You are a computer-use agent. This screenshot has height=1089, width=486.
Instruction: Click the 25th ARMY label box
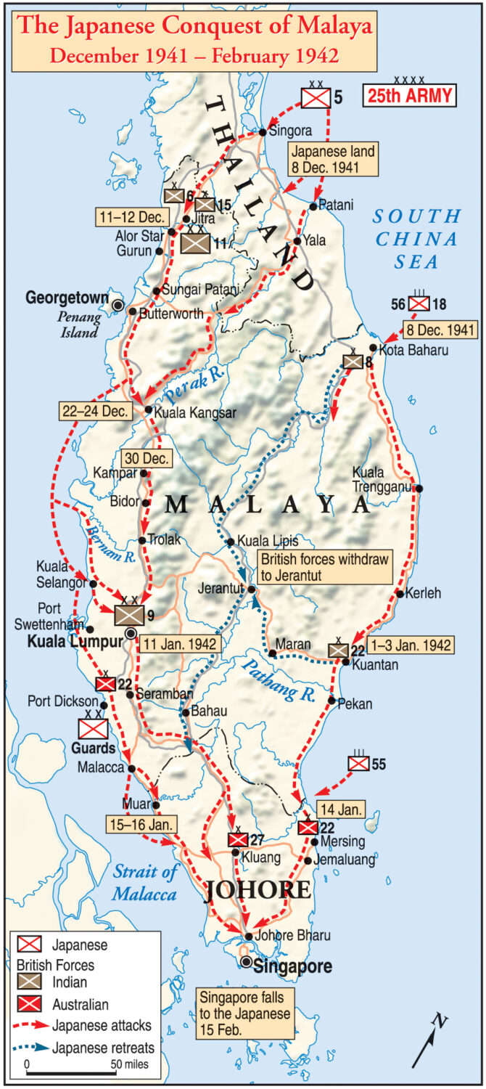click(x=410, y=95)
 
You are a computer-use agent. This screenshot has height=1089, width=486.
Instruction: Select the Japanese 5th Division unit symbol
click(x=316, y=97)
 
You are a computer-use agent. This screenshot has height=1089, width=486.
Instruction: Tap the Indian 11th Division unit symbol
click(x=194, y=243)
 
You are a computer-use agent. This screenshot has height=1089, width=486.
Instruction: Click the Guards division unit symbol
click(x=94, y=728)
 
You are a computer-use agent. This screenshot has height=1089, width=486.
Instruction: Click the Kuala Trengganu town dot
click(x=419, y=488)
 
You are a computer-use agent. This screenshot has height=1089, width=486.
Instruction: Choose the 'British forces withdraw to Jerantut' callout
click(x=325, y=567)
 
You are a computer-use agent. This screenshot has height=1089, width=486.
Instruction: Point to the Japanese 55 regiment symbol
click(x=358, y=764)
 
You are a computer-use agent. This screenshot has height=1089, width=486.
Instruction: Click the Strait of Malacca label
click(x=144, y=883)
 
